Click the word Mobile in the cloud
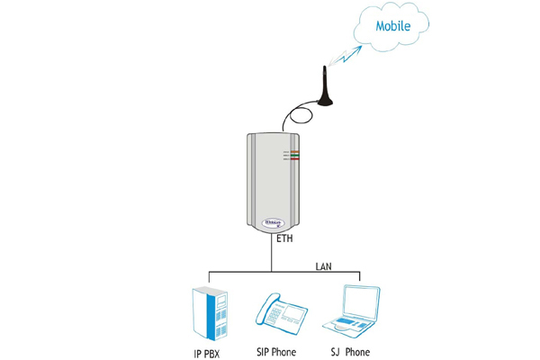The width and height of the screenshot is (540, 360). point(392,26)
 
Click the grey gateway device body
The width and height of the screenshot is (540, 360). point(270,180)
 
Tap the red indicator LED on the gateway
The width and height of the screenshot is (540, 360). point(292,159)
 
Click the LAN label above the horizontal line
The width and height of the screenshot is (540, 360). point(322,265)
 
